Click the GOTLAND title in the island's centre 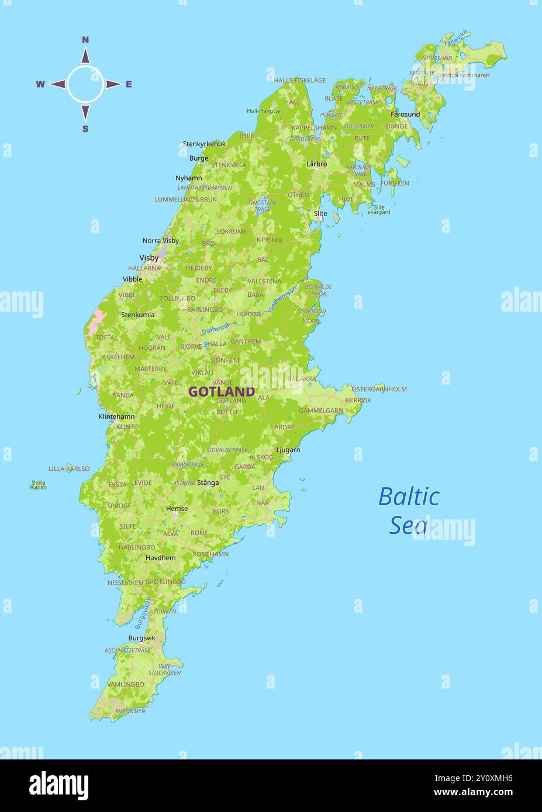pyautogui.click(x=222, y=391)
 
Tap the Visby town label pyautogui.click(x=149, y=258)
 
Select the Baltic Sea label pyautogui.click(x=409, y=510)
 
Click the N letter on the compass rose pyautogui.click(x=85, y=40)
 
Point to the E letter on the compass pyautogui.click(x=129, y=84)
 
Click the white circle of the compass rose pyautogui.click(x=85, y=84)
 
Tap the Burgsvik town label pyautogui.click(x=141, y=638)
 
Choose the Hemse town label pyautogui.click(x=177, y=508)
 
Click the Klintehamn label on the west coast pyautogui.click(x=116, y=417)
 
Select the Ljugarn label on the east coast pyautogui.click(x=288, y=450)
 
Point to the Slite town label pyautogui.click(x=320, y=213)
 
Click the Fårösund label pyautogui.click(x=405, y=114)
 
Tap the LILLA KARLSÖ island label pyautogui.click(x=69, y=469)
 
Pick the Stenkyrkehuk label pyautogui.click(x=204, y=144)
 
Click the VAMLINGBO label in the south pyautogui.click(x=125, y=684)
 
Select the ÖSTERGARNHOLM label pyautogui.click(x=379, y=389)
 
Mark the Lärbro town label pyautogui.click(x=316, y=164)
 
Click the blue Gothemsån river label pyautogui.click(x=282, y=297)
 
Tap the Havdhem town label pyautogui.click(x=160, y=558)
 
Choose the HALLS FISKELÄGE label pyautogui.click(x=300, y=81)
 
